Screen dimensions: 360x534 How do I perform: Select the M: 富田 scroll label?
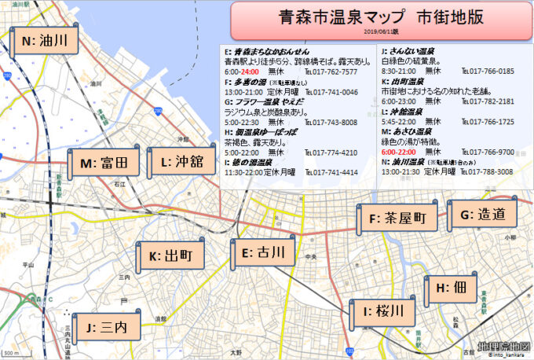tap(109, 163)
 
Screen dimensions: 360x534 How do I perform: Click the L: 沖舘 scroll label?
tap(179, 163)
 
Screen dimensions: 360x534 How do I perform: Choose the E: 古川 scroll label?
tap(264, 253)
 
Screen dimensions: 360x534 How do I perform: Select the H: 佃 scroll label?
tap(450, 288)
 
